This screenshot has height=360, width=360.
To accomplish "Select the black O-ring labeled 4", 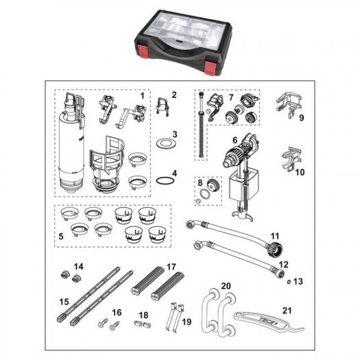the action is [x=165, y=181].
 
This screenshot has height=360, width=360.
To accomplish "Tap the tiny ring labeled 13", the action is [x=289, y=282].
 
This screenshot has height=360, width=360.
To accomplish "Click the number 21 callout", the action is [x=287, y=311].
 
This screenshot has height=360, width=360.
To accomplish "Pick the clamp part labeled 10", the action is [x=291, y=159].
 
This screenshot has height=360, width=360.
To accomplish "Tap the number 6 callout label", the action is [x=235, y=140].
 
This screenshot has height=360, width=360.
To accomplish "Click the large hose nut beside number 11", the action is [x=274, y=248].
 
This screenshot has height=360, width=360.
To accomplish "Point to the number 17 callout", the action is [x=171, y=267].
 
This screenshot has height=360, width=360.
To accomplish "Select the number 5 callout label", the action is [x=61, y=237].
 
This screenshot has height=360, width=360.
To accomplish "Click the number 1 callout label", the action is [x=143, y=95].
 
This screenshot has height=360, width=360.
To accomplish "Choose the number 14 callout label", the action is [x=79, y=267].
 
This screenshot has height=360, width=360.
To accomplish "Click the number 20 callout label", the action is [x=226, y=286].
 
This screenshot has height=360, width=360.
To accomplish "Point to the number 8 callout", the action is [x=200, y=183].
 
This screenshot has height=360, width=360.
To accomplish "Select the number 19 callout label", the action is [x=187, y=322].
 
